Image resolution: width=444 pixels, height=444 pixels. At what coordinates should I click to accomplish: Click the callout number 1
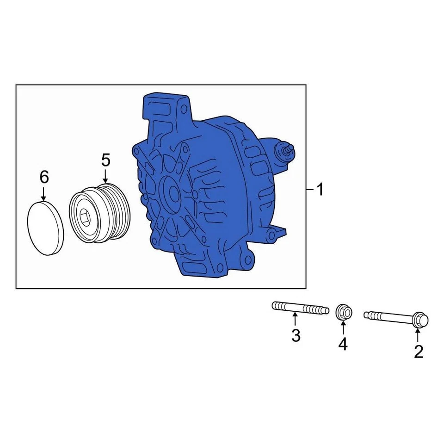click(x=320, y=190)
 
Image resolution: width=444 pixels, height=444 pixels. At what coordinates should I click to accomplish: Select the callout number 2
click(x=418, y=352)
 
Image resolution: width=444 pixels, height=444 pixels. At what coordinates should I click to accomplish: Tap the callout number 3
click(x=296, y=335)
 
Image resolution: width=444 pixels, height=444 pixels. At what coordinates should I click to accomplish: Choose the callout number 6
click(x=43, y=176)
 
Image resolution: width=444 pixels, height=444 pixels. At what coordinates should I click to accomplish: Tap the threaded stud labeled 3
click(x=300, y=307)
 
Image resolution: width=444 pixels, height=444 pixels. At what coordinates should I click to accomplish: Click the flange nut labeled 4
click(x=343, y=312)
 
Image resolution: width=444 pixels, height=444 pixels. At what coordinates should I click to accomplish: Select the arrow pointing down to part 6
click(x=43, y=193)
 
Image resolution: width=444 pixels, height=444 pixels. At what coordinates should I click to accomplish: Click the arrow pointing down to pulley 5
click(x=106, y=176)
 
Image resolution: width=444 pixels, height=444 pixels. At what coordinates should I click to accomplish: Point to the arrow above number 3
click(x=296, y=320)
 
